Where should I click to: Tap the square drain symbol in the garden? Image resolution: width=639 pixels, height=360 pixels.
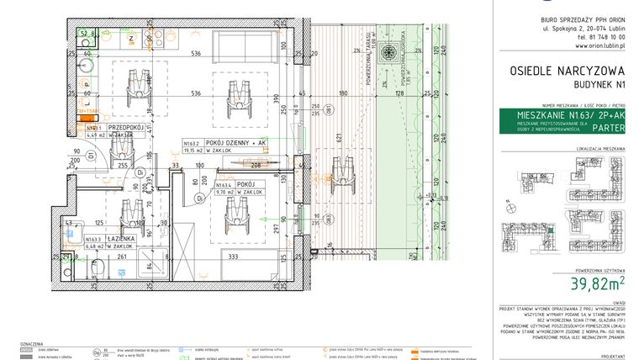388,53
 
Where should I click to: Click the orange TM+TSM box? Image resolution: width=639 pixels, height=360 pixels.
87,111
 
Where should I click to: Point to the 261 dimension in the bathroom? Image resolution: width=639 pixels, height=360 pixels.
121,257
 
